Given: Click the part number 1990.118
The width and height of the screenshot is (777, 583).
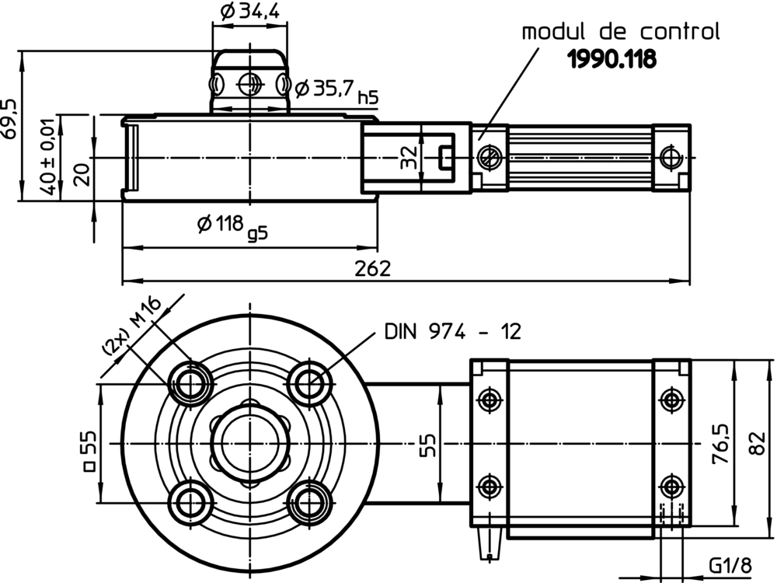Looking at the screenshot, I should (611, 59).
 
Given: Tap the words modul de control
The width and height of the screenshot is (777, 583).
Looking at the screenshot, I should (620, 32).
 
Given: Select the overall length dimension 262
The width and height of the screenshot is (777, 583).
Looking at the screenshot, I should (374, 269).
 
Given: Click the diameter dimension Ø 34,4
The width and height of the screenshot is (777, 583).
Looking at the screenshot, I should (249, 12).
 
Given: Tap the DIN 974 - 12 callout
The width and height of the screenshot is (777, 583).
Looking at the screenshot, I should (452, 332).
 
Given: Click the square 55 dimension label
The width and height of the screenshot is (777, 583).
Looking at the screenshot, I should (89, 452).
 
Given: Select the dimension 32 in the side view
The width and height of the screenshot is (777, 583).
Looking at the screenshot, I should (409, 157).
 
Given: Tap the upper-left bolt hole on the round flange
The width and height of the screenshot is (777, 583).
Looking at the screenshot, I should (190, 382).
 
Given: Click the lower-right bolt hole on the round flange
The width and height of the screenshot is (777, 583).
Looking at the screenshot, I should (309, 501).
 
